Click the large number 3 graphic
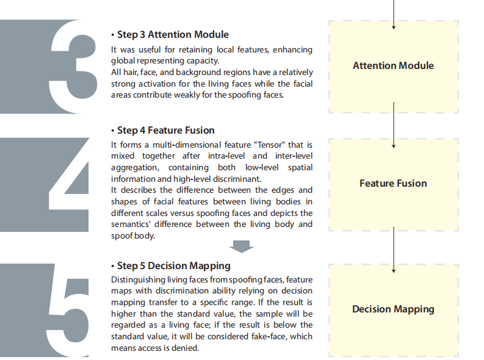tap(73, 67)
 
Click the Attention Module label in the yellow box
tap(393, 66)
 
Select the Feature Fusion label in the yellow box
tap(393, 184)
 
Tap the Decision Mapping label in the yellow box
tap(393, 309)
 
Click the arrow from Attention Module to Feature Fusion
tap(394, 125)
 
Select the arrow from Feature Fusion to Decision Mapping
tap(394, 250)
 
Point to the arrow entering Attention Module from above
tap(394, 15)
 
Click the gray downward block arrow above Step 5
tap(242, 247)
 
